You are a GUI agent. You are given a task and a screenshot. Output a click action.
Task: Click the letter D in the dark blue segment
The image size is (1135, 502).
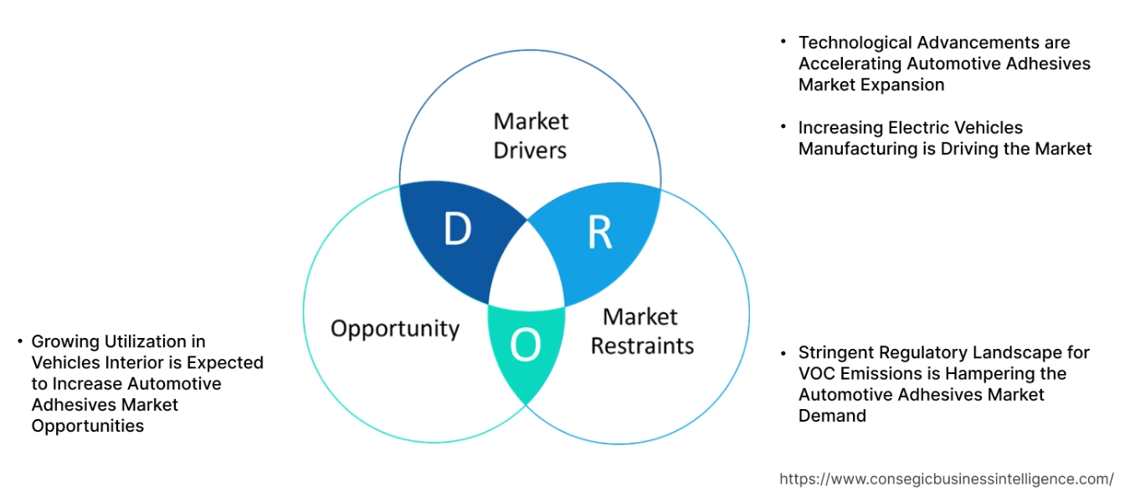tap(457, 229)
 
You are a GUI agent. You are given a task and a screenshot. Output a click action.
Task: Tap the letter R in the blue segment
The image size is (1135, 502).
tap(599, 233)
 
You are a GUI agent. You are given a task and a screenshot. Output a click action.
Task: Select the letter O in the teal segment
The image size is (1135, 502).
tap(525, 345)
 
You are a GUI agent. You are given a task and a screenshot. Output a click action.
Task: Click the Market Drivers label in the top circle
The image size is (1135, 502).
tap(531, 136)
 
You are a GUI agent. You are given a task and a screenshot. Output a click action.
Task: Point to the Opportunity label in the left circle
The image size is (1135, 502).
tap(395, 328)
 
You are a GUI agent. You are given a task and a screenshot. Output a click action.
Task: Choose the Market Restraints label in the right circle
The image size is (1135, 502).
tap(642, 331)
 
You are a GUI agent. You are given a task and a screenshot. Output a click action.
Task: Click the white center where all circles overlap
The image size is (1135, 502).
tap(528, 268)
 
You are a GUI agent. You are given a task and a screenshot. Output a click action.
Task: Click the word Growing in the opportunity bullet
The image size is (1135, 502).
tap(64, 341)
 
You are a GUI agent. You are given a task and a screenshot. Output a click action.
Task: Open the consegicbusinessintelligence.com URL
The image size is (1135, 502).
tap(946, 479)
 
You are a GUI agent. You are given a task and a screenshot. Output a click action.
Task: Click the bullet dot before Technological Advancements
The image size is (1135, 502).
tap(783, 40)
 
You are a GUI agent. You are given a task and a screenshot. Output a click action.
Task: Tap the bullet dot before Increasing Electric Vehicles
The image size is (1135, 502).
tap(783, 126)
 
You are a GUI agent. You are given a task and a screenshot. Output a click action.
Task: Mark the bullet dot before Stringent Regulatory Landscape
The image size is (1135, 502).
tap(783, 351)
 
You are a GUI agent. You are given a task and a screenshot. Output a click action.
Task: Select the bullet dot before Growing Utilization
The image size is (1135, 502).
tap(19, 341)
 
